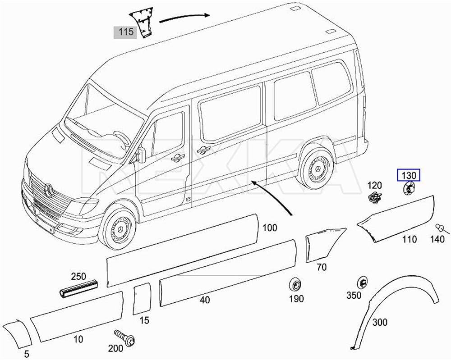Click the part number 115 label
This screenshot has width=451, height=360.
coord(125,32)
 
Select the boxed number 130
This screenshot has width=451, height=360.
coord(409,175)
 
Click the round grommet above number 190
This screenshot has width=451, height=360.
coord(295,285)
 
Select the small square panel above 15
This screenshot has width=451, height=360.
coord(142,299)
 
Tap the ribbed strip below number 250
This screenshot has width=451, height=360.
coord(78,288)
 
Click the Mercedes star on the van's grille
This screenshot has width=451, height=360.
coord(49,190)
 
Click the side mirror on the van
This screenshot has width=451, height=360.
coord(141,155)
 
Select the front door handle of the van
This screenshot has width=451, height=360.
coord(178,157)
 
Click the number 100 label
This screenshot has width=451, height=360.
coord(270,228)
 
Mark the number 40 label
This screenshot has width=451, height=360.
coord(205,300)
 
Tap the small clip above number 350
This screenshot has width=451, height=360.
coord(362,283)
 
